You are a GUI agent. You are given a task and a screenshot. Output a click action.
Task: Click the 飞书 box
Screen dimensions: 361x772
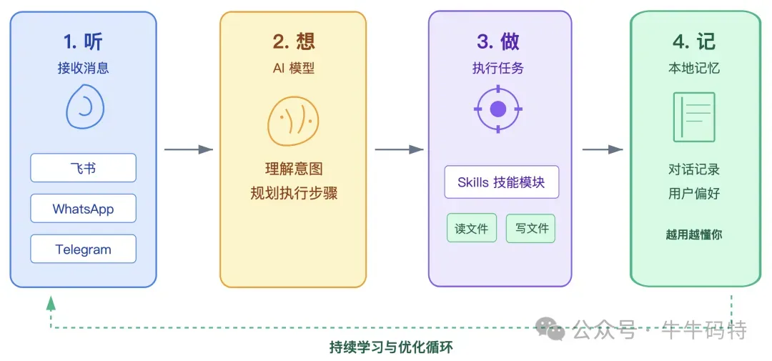(x=83, y=169)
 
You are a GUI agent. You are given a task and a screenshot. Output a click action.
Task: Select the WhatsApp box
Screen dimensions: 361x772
(x=83, y=209)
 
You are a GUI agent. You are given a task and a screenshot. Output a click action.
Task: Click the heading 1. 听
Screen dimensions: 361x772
(x=83, y=42)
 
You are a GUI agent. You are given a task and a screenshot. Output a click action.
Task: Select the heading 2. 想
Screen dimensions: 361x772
(x=293, y=42)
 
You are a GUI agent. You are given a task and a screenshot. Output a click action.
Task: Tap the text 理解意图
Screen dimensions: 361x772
(x=293, y=169)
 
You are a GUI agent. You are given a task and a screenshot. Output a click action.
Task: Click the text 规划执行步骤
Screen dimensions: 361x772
(x=293, y=194)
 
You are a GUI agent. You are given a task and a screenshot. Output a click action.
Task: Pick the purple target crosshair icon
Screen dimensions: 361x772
(x=498, y=109)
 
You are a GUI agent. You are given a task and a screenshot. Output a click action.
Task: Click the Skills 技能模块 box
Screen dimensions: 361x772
(x=501, y=182)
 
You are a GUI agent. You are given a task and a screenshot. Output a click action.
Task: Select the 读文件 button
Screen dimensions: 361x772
(x=472, y=229)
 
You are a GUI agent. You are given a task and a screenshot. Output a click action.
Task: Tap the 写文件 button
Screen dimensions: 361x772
(x=531, y=229)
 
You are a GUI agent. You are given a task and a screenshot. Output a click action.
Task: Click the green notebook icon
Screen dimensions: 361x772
(x=694, y=117)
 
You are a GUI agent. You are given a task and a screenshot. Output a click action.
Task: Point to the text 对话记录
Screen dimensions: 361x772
(x=694, y=169)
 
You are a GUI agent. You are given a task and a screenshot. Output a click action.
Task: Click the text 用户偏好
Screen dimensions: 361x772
(x=694, y=194)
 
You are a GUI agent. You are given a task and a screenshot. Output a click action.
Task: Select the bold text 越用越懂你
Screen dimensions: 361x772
(x=694, y=234)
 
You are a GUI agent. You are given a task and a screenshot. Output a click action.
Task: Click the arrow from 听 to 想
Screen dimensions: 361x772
(x=189, y=149)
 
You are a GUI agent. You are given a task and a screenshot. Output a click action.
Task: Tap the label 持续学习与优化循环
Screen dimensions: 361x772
(x=391, y=347)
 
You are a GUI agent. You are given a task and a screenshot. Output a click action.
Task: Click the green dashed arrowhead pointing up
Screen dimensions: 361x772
(x=51, y=303)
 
